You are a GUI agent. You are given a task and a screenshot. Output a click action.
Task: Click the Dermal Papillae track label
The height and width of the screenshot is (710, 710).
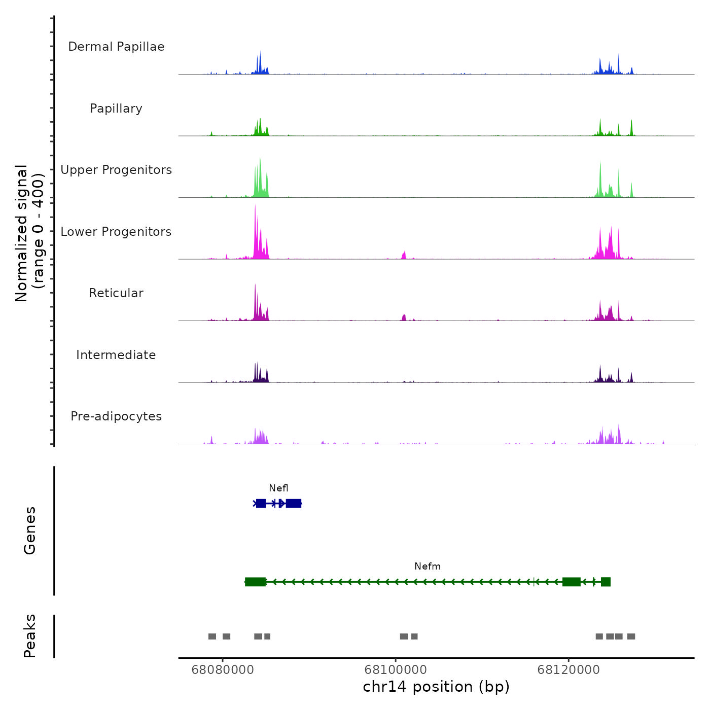(116, 47)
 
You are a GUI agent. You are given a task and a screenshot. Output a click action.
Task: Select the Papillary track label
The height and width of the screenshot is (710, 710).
(116, 109)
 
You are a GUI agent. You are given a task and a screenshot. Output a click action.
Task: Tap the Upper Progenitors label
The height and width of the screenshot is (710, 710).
(116, 170)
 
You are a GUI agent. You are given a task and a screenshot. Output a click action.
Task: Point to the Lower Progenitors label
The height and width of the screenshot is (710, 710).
(116, 232)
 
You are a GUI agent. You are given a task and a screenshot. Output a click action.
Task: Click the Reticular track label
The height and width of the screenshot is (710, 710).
(116, 293)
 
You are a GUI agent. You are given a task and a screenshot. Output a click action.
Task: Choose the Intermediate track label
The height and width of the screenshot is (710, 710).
(116, 355)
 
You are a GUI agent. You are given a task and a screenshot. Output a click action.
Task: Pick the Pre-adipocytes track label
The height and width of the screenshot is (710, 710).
(116, 416)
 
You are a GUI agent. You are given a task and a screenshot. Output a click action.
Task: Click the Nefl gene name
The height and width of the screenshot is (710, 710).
(278, 488)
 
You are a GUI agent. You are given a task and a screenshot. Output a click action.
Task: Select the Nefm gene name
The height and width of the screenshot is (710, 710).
(428, 566)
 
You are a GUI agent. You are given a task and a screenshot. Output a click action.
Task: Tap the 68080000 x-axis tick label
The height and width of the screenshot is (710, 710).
(223, 670)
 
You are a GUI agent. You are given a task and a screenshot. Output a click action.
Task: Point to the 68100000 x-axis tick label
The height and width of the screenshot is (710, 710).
(396, 670)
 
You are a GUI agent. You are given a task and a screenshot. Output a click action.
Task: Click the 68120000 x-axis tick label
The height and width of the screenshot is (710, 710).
(569, 670)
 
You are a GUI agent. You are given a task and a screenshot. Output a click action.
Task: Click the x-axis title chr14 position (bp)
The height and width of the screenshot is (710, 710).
(436, 687)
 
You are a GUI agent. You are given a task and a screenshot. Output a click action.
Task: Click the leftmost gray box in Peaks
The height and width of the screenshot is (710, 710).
(212, 636)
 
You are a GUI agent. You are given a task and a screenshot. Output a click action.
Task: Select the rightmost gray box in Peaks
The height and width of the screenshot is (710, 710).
(631, 636)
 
